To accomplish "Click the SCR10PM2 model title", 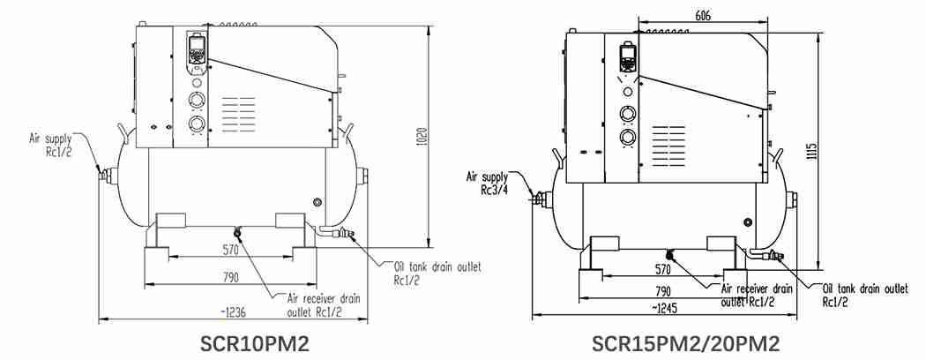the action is click(x=255, y=343).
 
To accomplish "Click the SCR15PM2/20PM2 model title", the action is click(x=685, y=343).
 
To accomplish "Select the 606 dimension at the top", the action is click(x=703, y=16).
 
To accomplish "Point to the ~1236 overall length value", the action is click(x=233, y=311).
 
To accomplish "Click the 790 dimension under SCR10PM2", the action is click(x=231, y=277).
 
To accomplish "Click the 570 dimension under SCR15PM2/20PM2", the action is click(x=664, y=269).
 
